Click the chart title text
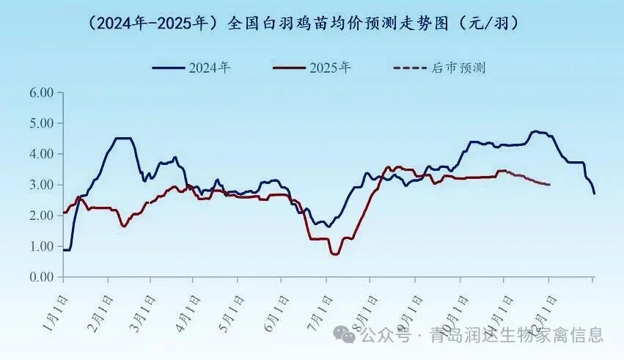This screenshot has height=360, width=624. pos(303,23)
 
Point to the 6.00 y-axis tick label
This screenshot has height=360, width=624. pos(41,93)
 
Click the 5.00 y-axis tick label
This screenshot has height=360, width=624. pos(41,124)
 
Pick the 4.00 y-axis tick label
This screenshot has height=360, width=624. pos(41,155)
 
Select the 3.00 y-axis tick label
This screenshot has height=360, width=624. pos(41,185)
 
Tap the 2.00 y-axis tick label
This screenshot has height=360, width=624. pos(41,216)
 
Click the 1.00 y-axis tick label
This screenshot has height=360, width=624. pos(41,247)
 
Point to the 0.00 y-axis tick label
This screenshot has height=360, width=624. pos(41,278)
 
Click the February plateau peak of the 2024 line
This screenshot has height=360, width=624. pos(123,138)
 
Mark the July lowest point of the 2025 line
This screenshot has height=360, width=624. pos(335,254)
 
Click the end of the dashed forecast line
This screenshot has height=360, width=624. pos(549,185)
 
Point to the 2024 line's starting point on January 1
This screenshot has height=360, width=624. pos(64,250)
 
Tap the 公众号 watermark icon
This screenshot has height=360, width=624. pos(345,336)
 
